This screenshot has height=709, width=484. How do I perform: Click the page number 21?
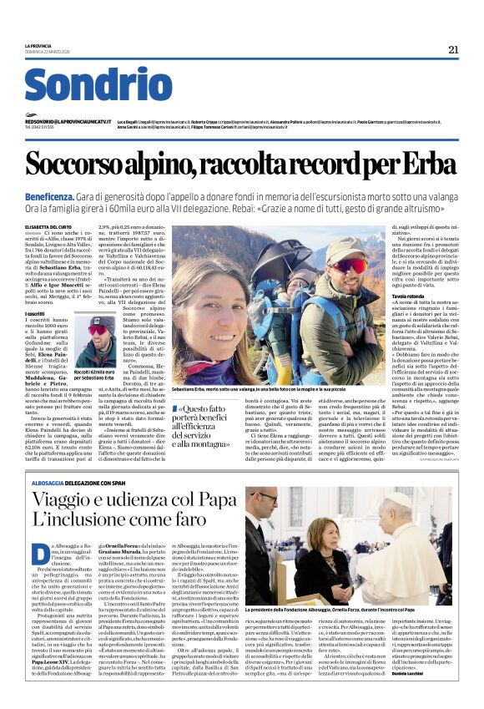pos(453,49)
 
